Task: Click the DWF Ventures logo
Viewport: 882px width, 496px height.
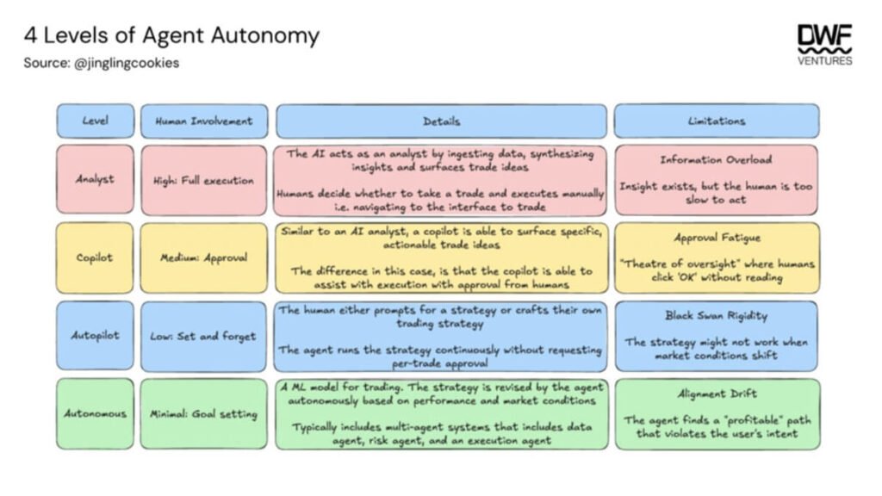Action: (824, 44)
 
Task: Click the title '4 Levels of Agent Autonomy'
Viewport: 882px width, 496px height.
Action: (171, 36)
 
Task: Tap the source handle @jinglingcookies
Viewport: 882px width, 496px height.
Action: (127, 63)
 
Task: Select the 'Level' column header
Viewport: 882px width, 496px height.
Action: (95, 121)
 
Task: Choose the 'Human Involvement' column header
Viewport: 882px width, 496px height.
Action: (203, 121)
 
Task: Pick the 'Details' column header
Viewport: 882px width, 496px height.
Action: (441, 121)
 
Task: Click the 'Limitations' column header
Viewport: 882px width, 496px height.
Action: (716, 121)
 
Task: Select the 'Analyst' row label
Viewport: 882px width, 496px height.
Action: (95, 180)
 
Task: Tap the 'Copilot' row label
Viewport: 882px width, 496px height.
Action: (95, 257)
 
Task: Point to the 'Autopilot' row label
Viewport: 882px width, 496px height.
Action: (95, 336)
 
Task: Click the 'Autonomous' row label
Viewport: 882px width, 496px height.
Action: (95, 413)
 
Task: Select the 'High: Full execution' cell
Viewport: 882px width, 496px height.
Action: (203, 181)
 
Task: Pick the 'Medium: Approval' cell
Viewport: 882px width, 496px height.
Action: (203, 257)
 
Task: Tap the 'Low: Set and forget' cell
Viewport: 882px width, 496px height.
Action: (203, 336)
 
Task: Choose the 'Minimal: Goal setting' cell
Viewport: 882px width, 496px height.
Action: (203, 414)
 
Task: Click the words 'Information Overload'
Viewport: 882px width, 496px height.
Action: (716, 159)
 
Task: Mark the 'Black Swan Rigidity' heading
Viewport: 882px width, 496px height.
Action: (716, 315)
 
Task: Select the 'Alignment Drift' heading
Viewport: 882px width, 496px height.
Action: (716, 394)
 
